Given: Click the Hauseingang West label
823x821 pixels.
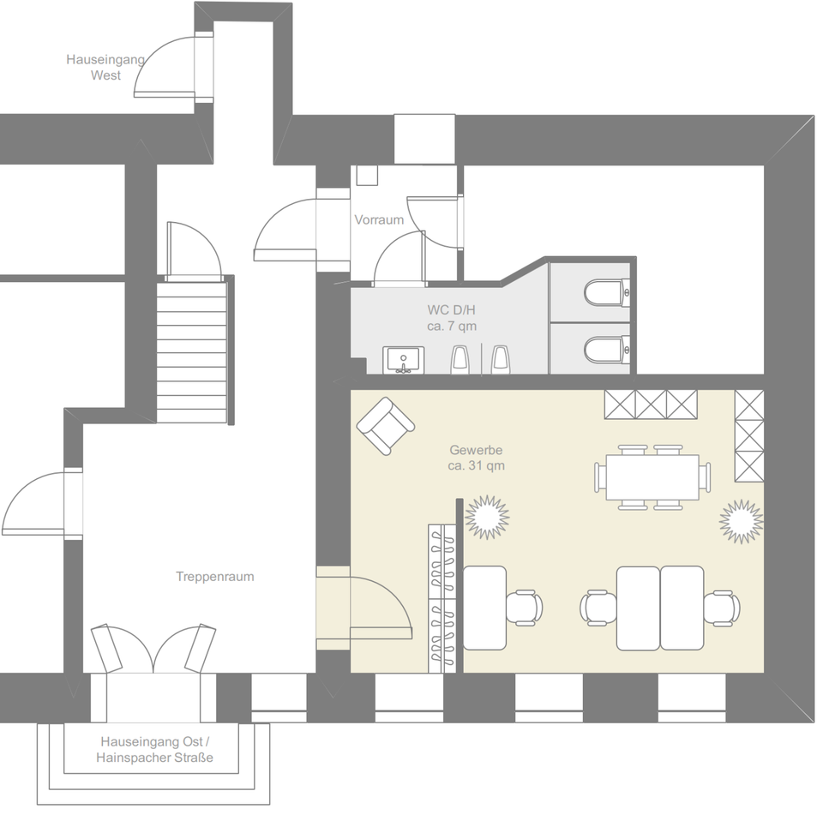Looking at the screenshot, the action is click(105, 68).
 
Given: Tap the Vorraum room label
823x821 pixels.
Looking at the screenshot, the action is click(379, 220).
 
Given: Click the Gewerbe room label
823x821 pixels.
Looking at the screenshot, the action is click(475, 450).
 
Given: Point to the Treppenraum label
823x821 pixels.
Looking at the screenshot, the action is click(214, 577).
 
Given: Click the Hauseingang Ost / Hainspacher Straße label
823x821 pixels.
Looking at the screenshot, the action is click(154, 749).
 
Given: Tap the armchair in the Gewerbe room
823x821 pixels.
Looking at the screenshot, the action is click(386, 426).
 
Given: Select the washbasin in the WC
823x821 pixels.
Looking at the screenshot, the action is click(402, 359).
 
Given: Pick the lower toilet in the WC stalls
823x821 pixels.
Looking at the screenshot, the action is click(607, 349).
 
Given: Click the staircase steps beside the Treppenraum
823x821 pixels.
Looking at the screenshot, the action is click(192, 351).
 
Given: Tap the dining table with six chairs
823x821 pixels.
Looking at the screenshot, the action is click(653, 477).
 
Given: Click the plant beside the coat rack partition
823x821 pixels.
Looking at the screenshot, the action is click(487, 517).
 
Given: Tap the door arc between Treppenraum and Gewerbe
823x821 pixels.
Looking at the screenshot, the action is click(377, 607).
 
